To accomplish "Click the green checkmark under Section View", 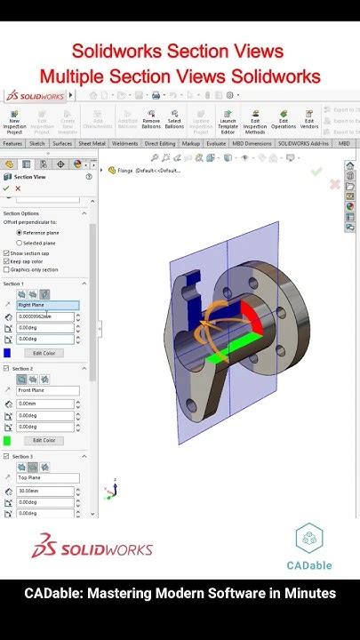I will coord(6,188).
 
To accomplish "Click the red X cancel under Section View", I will coord(17,188).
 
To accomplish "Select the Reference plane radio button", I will coord(20,233).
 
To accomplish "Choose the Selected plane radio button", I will coord(20,243).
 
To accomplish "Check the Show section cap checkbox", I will coord(6,253).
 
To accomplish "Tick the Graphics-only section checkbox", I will coord(6,269).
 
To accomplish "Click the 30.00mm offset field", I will coord(44,490).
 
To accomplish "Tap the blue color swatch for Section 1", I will coord(7,353).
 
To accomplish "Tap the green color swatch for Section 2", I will coord(7,440).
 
